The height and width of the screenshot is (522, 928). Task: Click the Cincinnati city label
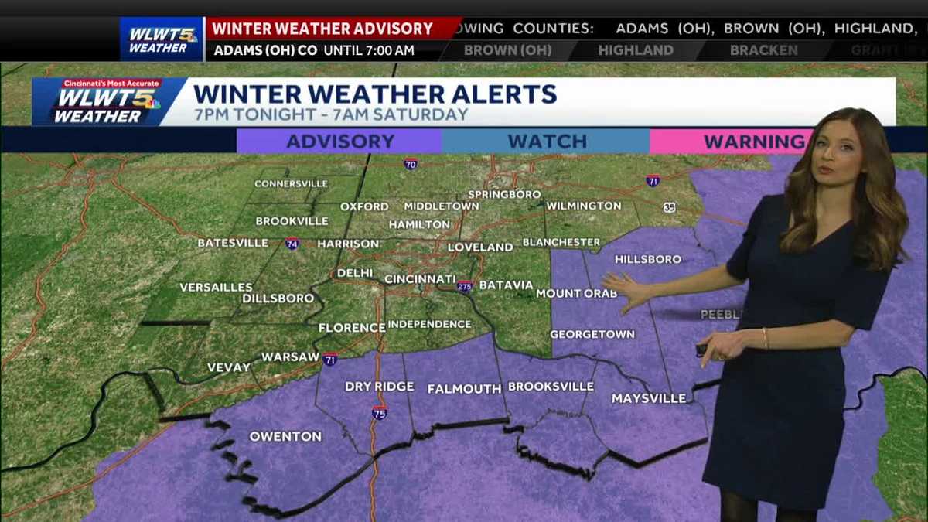[x=420, y=278]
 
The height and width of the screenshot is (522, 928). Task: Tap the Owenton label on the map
[x=285, y=436]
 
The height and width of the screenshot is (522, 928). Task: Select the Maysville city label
[x=649, y=398]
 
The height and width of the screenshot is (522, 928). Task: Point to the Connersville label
[x=291, y=184]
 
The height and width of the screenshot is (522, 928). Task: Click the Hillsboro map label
[x=648, y=259]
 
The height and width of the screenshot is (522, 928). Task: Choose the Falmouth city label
[x=464, y=388]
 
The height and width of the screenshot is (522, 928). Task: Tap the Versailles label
[x=216, y=287]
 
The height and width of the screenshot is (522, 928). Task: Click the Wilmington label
[x=583, y=206]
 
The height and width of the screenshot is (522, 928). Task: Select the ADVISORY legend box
[x=339, y=142]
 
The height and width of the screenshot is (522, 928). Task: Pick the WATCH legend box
[x=546, y=142]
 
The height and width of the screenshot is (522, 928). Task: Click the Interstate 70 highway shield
[x=410, y=164]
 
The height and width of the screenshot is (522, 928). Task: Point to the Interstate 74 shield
[x=292, y=243]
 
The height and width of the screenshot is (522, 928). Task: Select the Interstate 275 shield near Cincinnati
[x=464, y=286]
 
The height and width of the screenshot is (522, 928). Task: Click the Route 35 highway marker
[x=668, y=207]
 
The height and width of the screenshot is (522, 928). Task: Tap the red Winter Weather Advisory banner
[x=322, y=29]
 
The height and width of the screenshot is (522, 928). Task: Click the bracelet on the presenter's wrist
[x=765, y=338]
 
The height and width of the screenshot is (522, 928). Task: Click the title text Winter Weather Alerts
[x=375, y=94]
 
